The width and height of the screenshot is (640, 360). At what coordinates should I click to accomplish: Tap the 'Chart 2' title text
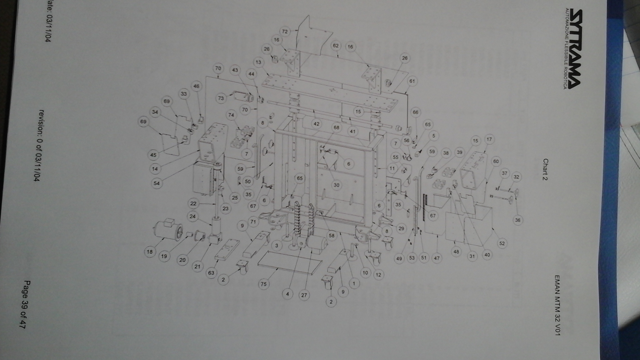(x=546, y=170)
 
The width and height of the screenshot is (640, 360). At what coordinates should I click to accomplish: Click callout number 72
(x=285, y=31)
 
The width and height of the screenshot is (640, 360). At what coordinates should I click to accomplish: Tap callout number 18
(x=150, y=252)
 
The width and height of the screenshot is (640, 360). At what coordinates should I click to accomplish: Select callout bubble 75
(x=263, y=284)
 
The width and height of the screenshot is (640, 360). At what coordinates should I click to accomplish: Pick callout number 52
(x=502, y=243)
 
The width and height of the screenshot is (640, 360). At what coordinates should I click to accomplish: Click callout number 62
(x=336, y=46)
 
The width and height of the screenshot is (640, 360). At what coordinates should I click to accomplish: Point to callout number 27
(x=304, y=295)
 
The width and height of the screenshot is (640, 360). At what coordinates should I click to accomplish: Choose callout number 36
(x=517, y=220)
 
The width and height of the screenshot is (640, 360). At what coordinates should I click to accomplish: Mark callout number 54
(x=156, y=183)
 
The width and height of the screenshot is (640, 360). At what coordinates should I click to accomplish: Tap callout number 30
(x=336, y=185)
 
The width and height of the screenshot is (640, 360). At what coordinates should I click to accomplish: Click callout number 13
(x=258, y=62)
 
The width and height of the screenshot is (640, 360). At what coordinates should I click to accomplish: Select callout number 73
(x=221, y=98)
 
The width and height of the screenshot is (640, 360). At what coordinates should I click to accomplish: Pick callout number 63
(x=211, y=272)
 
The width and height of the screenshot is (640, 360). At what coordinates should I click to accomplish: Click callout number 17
(x=489, y=139)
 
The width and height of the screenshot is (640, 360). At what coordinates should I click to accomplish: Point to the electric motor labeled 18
(x=169, y=229)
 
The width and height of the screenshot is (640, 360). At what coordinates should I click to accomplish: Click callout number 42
(x=316, y=124)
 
